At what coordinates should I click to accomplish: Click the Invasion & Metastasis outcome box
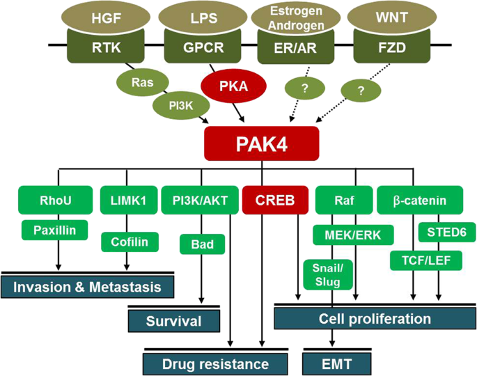87,286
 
